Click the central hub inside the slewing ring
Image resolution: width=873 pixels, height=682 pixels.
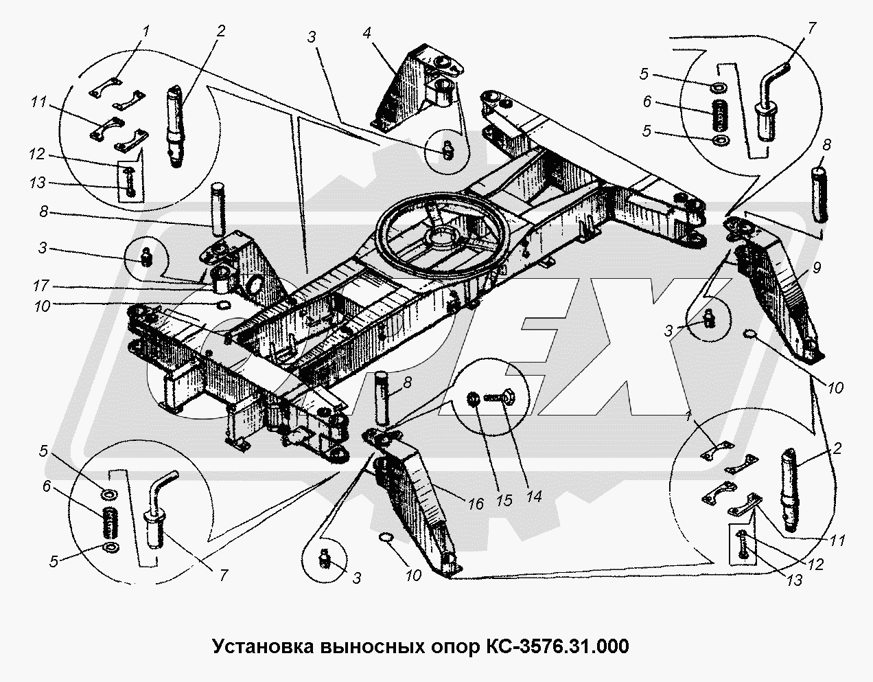coord(439,238)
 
